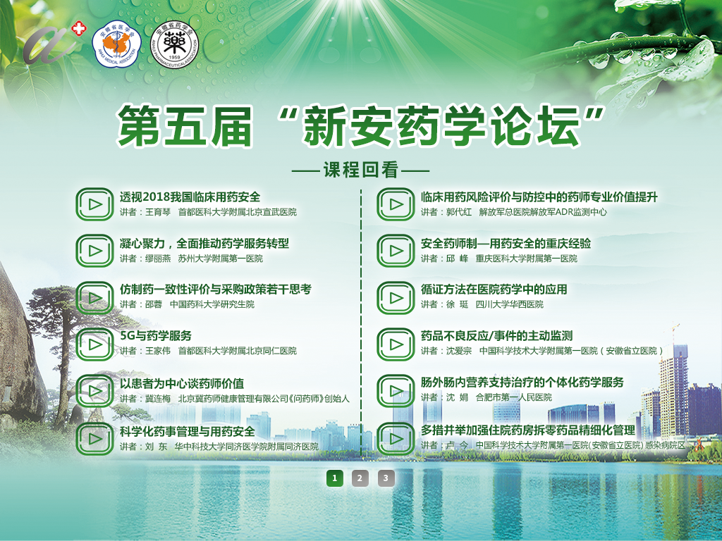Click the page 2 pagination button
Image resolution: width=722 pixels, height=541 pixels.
360,478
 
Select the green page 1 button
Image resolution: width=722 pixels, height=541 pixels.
335,478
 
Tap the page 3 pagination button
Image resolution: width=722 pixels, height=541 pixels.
386,478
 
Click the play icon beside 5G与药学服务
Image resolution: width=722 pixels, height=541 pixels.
94,344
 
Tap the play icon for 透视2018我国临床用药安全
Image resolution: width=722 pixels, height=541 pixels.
94,204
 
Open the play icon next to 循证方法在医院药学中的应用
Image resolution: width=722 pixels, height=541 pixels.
396,298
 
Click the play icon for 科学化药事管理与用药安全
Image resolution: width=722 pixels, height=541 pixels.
94,439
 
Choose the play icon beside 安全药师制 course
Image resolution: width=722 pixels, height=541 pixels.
396,251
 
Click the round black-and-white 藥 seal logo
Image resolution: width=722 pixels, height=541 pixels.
175,45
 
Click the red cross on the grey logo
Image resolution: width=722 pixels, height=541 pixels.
79,28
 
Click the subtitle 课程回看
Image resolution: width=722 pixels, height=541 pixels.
360,170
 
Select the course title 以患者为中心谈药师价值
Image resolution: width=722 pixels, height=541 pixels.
182,383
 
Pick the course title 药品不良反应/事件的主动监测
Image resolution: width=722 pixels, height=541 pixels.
497,335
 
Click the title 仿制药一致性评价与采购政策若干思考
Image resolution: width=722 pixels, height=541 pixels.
216,289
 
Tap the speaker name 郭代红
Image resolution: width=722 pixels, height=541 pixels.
459,212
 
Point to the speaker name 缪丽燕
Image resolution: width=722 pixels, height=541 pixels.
158,259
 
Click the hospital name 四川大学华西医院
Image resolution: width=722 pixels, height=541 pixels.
509,304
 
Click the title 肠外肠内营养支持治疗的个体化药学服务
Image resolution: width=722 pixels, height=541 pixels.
522,383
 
